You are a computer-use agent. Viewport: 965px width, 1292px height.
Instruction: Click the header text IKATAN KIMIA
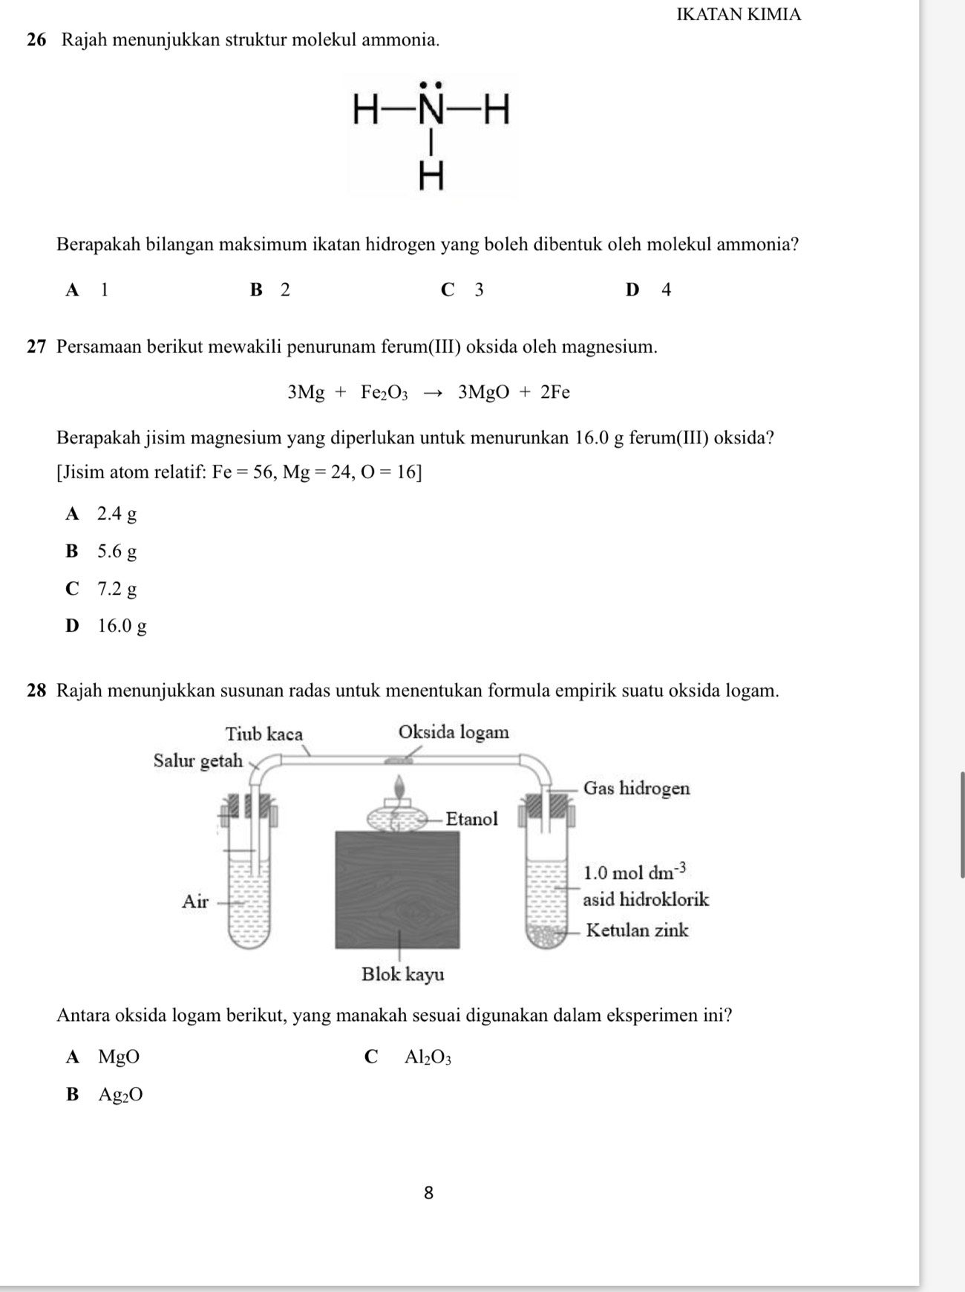point(739,14)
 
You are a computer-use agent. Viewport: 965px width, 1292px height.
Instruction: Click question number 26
point(37,40)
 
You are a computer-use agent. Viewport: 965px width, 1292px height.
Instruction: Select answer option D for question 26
point(648,290)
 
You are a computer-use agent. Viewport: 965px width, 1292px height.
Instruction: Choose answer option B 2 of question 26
point(271,290)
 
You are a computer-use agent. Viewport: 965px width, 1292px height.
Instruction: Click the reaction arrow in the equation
point(434,393)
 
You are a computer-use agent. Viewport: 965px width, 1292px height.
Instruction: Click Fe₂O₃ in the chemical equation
point(385,393)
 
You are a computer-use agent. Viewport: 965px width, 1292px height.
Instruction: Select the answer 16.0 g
point(122,626)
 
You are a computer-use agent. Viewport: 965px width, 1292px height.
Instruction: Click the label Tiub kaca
point(264,734)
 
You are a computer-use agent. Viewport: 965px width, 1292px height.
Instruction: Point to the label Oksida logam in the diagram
point(454,732)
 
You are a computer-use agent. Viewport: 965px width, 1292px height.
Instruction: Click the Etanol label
point(471,819)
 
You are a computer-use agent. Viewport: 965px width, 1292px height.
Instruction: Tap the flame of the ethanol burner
point(401,787)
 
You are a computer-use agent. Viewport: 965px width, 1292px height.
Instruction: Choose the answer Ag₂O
point(120,1094)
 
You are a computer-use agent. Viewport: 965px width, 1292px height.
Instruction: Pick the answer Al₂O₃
point(428,1057)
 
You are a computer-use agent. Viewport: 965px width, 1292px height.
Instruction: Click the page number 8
point(428,1193)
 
